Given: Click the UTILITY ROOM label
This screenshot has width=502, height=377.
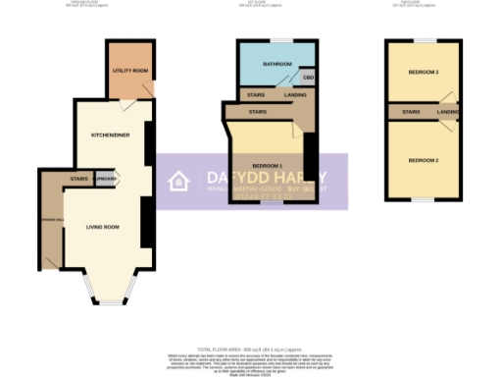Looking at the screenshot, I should click(x=131, y=71).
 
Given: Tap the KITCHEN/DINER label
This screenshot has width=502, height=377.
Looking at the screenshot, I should click(x=108, y=135).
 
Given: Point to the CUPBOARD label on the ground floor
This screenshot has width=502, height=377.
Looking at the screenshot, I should click(x=107, y=180).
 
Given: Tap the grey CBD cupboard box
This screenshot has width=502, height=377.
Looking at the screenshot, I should click(x=308, y=77).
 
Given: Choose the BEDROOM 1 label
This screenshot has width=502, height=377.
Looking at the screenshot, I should click(x=266, y=164).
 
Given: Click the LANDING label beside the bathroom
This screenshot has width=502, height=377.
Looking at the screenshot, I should click(x=295, y=95).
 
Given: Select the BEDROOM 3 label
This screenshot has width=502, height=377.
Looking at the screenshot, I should click(x=424, y=72).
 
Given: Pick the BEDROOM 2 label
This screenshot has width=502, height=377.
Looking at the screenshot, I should click(x=424, y=160).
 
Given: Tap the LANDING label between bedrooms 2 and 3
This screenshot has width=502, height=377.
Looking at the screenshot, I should click(x=447, y=113).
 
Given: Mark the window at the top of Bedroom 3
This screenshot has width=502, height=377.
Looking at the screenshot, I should click(x=424, y=40).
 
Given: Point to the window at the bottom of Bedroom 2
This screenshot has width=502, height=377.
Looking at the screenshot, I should click(x=424, y=201).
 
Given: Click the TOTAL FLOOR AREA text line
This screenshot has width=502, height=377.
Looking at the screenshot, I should click(x=251, y=350).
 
